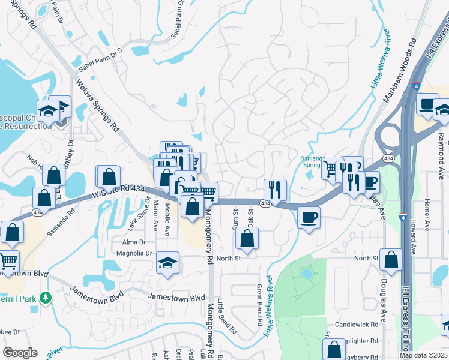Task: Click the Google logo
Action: coord(20,353)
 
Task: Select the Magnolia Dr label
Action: coord(135,254)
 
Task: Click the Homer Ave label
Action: coord(427,216)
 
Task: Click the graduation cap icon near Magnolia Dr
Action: coord(167,262)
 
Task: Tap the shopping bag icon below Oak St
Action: coord(247,238)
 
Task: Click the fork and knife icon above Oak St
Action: coord(275,189)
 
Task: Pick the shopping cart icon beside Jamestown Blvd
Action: coord(8,261)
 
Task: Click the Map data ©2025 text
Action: coord(423,355)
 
